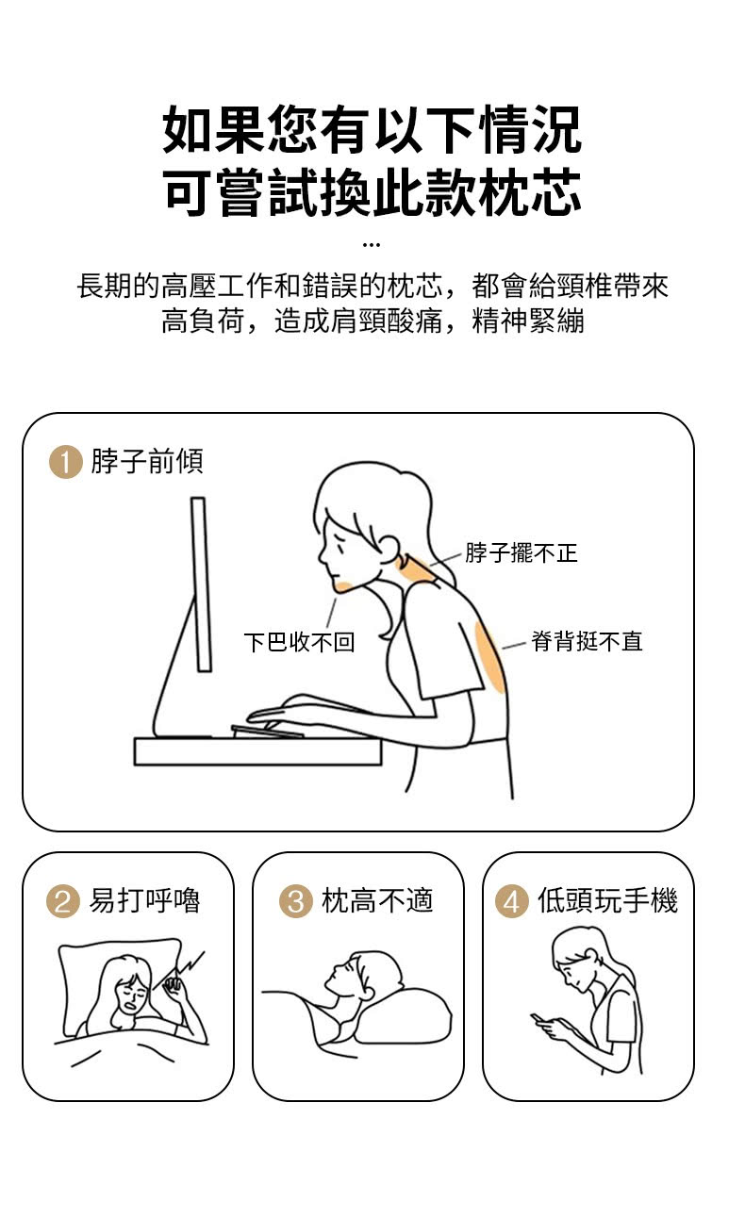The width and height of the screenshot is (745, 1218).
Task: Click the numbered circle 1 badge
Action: coord(65,462)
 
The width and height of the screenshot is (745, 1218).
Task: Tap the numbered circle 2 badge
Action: coord(63,901)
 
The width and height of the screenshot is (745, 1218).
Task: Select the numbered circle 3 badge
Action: coord(295,901)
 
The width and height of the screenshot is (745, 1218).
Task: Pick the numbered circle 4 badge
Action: coord(512,901)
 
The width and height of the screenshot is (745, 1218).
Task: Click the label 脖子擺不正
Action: coord(521,553)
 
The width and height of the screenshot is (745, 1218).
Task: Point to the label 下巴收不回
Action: coord(300,642)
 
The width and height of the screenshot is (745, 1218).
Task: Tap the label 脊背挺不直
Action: coord(587,641)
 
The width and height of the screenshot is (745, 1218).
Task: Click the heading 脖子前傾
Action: coord(147,462)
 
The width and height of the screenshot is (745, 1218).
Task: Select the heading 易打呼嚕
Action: coord(144,901)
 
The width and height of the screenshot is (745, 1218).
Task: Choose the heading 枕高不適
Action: coord(377,901)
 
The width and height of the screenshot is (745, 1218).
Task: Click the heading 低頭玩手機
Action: coord(607,901)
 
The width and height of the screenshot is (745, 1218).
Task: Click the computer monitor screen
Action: coord(201,584)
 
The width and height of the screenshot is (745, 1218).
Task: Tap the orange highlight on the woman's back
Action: coord(490,657)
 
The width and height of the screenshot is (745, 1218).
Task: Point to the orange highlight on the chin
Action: coord(343,586)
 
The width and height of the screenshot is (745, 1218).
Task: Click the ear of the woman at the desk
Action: coord(389,550)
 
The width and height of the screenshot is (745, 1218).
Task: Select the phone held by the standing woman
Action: coord(538,1017)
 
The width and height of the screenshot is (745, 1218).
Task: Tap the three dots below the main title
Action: coord(372,246)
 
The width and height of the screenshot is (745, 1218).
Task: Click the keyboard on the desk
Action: coord(268,732)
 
